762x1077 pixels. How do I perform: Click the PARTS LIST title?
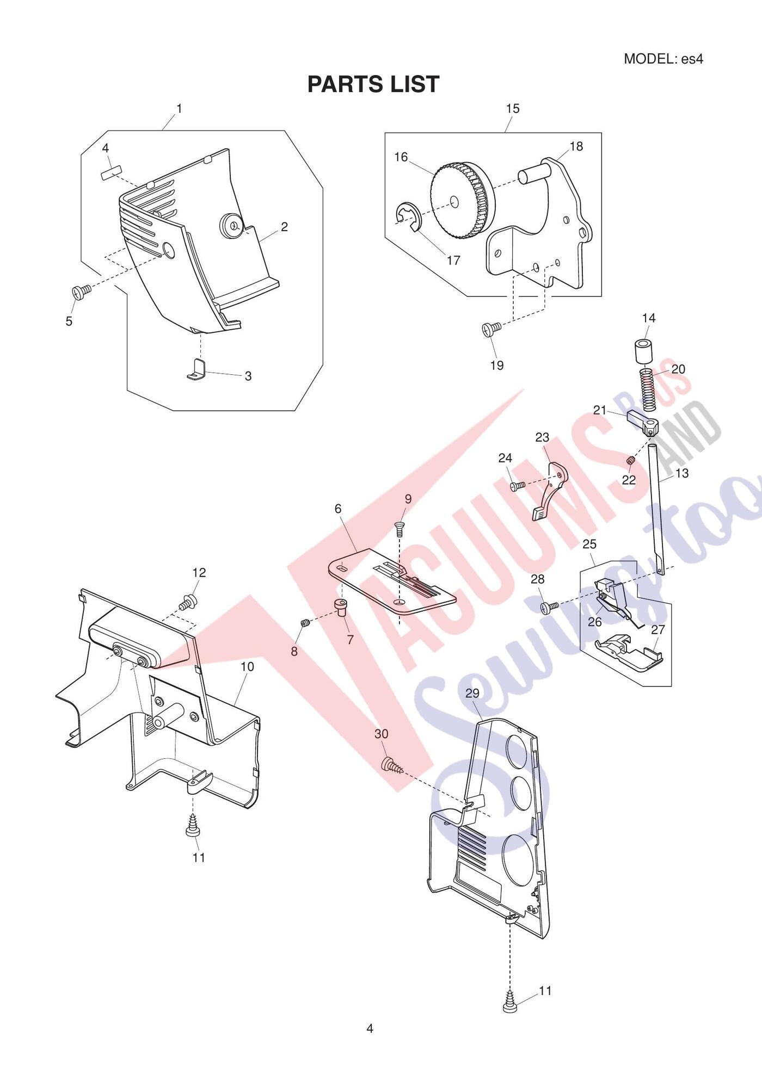[x=373, y=84]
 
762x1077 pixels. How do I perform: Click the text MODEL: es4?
[x=663, y=59]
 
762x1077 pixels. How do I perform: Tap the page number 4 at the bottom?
[x=370, y=1028]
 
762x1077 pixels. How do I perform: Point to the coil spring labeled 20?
[x=646, y=389]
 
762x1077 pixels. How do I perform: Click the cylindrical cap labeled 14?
[x=643, y=351]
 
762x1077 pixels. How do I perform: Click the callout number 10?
[x=247, y=666]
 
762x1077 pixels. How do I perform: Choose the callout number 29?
[x=472, y=693]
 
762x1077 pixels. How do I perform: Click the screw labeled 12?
[x=188, y=603]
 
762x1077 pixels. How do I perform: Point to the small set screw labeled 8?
[x=305, y=623]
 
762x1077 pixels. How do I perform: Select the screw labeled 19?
[x=491, y=329]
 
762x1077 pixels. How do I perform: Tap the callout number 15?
[x=513, y=109]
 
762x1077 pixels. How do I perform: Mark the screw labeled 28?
[x=550, y=606]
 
